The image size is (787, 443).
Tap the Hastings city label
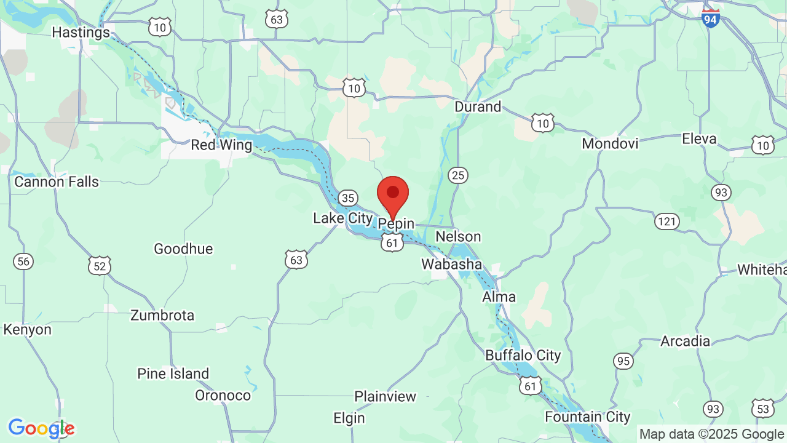pyautogui.click(x=81, y=32)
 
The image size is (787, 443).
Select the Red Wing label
pyautogui.click(x=221, y=145)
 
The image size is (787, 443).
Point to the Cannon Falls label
pyautogui.click(x=57, y=182)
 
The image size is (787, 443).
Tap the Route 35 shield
pyautogui.click(x=348, y=198)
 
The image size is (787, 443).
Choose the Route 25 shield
pyautogui.click(x=457, y=176)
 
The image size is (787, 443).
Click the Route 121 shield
pyautogui.click(x=666, y=221)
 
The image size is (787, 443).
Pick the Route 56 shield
pyautogui.click(x=23, y=261)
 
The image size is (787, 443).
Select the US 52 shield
pyautogui.click(x=99, y=265)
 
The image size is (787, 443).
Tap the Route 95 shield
pyautogui.click(x=623, y=361)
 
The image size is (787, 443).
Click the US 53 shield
pyautogui.click(x=762, y=408)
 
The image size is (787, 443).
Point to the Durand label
pyautogui.click(x=478, y=106)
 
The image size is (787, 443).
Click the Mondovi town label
pyautogui.click(x=610, y=143)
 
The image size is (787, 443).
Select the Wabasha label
pyautogui.click(x=451, y=264)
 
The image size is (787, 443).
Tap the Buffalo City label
pyautogui.click(x=523, y=355)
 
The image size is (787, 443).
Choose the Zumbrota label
pyautogui.click(x=162, y=315)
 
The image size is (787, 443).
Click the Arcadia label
pyautogui.click(x=685, y=341)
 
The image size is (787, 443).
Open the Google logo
pyautogui.click(x=41, y=428)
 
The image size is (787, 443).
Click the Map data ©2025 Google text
pyautogui.click(x=711, y=434)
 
